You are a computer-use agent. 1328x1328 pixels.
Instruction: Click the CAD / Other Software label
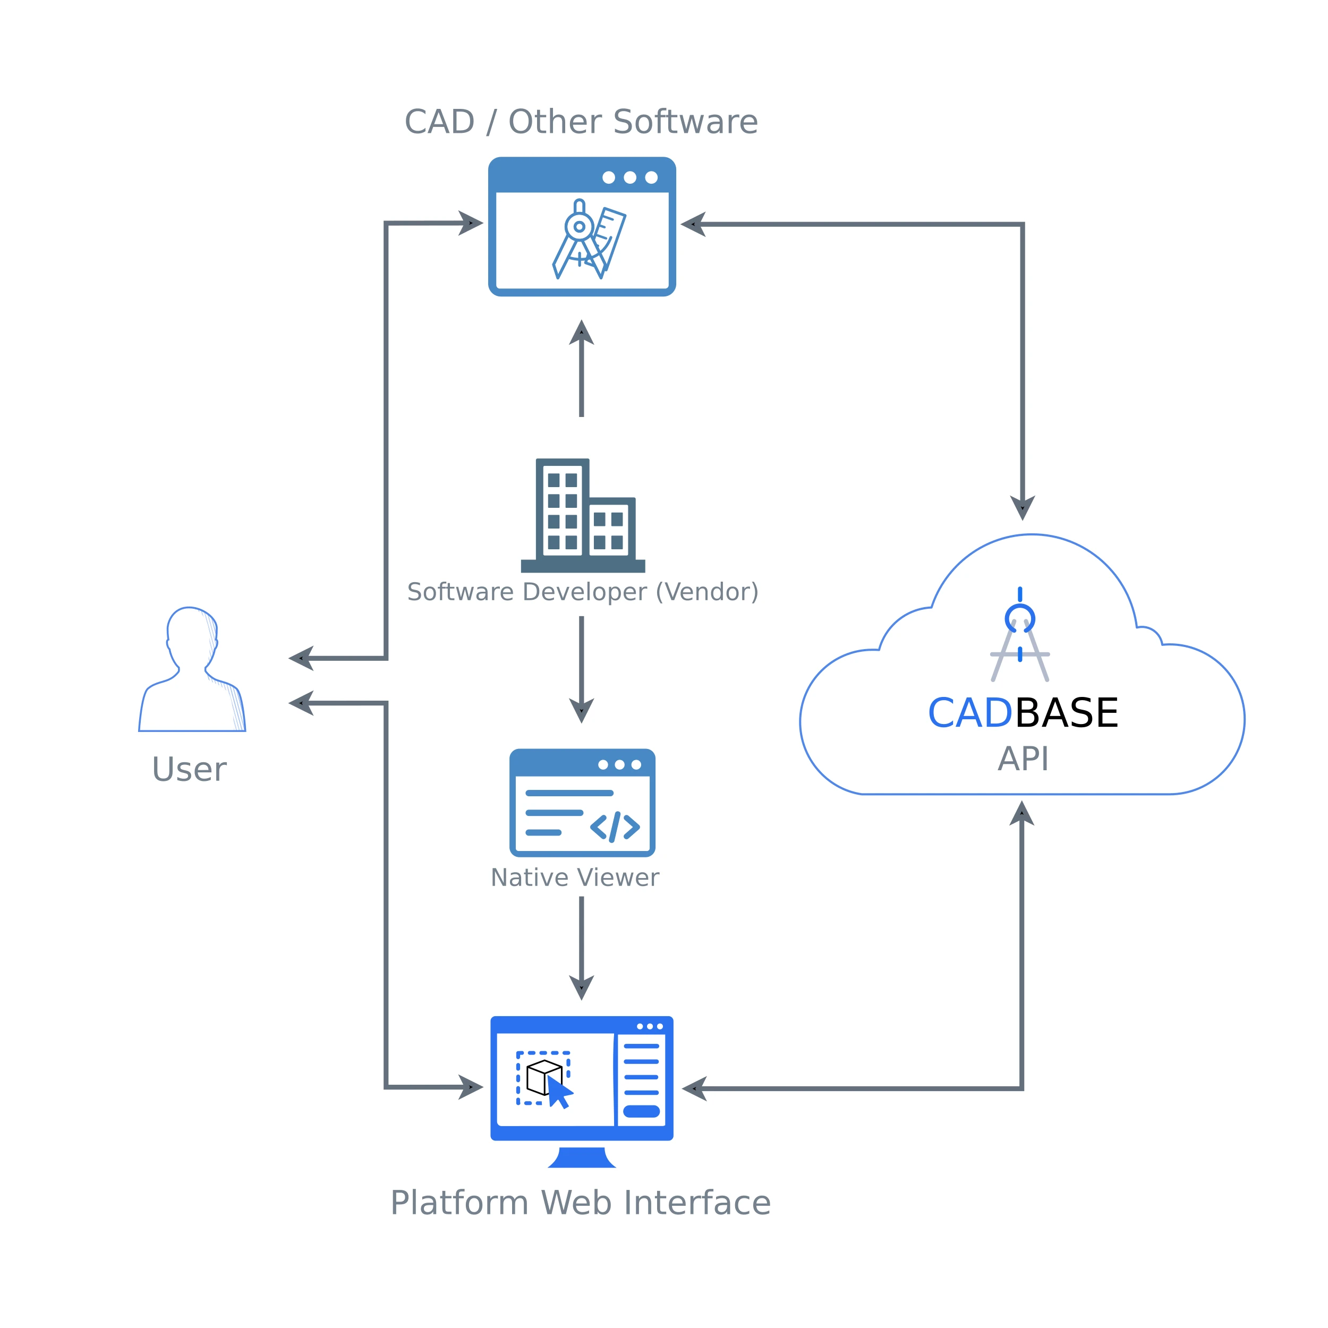point(581,122)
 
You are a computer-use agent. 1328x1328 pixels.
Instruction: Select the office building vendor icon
point(583,515)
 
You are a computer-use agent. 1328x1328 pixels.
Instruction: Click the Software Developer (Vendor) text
point(582,592)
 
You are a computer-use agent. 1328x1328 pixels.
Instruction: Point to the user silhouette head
point(192,629)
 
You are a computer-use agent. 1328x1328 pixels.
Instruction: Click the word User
point(189,769)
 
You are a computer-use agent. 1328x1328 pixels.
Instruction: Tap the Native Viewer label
point(575,878)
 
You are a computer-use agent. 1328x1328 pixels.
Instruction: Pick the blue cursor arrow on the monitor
point(559,1092)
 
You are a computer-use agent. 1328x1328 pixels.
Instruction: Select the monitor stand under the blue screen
point(582,1158)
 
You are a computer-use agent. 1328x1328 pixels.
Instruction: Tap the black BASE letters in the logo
point(1066,713)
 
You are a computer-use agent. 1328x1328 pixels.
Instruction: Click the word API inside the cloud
point(1023,759)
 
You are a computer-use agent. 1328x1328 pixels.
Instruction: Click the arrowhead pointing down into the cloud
point(1022,507)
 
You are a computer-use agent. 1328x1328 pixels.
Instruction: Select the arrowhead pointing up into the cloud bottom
point(1021,814)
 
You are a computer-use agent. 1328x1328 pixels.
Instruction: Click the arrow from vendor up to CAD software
point(582,371)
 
